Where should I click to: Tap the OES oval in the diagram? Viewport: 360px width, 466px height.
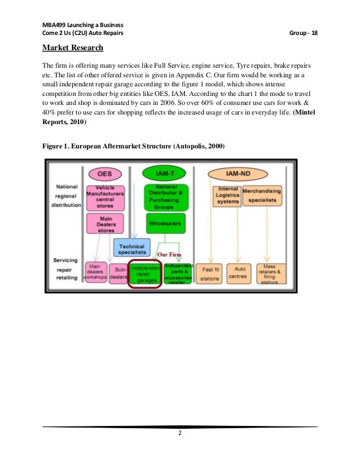[104, 174]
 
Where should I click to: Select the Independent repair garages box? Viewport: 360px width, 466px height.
[146, 274]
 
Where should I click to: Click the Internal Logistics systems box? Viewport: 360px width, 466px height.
[228, 195]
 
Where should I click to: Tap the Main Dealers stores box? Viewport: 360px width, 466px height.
[106, 224]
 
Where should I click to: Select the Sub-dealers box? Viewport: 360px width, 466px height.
[118, 274]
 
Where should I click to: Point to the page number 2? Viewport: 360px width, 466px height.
[180, 433]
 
